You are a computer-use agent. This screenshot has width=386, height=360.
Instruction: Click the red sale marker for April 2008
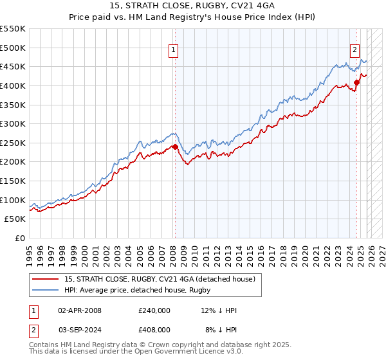pyautogui.click(x=174, y=147)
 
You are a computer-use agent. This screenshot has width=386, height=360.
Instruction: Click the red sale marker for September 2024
pyautogui.click(x=356, y=83)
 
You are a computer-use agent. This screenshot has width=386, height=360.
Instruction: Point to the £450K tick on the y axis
pyautogui.click(x=14, y=67)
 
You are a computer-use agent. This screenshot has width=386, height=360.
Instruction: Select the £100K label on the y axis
pyautogui.click(x=14, y=200)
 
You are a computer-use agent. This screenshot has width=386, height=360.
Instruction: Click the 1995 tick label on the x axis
pyautogui.click(x=30, y=253)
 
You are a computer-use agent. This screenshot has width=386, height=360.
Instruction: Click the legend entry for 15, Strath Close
pyautogui.click(x=160, y=279)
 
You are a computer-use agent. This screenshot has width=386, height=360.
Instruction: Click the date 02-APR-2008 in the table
pyautogui.click(x=80, y=310)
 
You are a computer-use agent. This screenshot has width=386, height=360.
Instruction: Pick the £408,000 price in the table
pyautogui.click(x=154, y=329)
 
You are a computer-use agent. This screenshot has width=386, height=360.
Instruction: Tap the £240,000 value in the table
pyautogui.click(x=154, y=310)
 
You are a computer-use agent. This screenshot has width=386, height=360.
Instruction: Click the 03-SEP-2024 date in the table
pyautogui.click(x=80, y=329)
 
